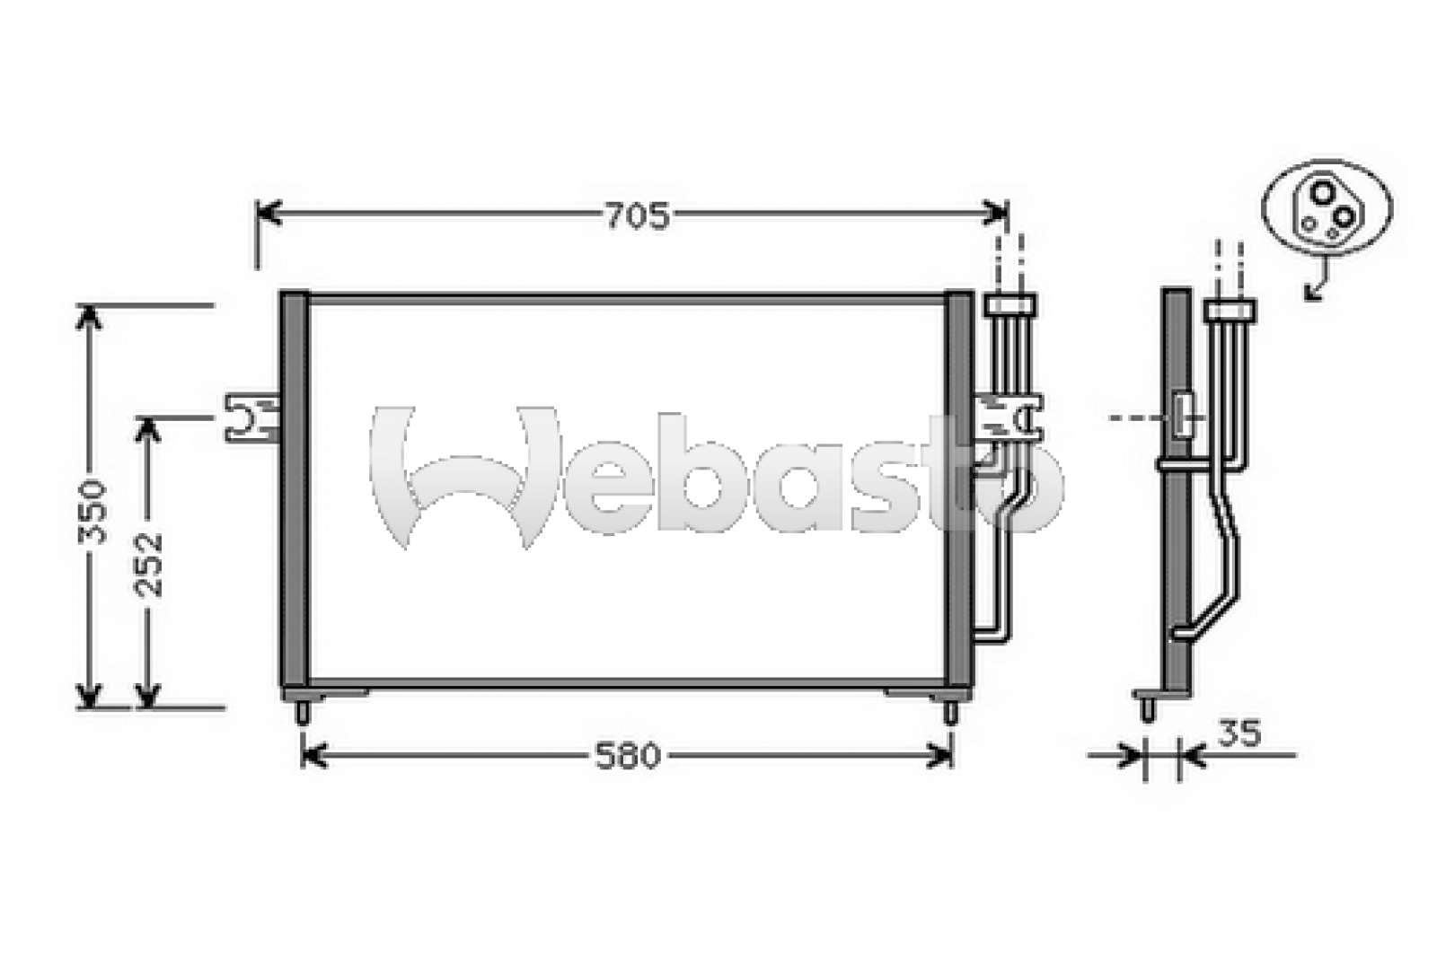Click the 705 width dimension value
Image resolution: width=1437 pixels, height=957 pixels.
pos(638,216)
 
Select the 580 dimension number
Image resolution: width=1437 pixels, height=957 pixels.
pos(628,756)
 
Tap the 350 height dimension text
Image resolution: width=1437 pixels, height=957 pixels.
pos(92,512)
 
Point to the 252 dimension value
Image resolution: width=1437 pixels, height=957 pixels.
pos(149,565)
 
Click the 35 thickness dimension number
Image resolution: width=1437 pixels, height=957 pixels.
pos(1239,733)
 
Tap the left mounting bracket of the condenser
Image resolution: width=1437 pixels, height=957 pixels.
pos(251,418)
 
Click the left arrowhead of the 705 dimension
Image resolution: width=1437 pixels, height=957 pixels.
pos(269,213)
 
